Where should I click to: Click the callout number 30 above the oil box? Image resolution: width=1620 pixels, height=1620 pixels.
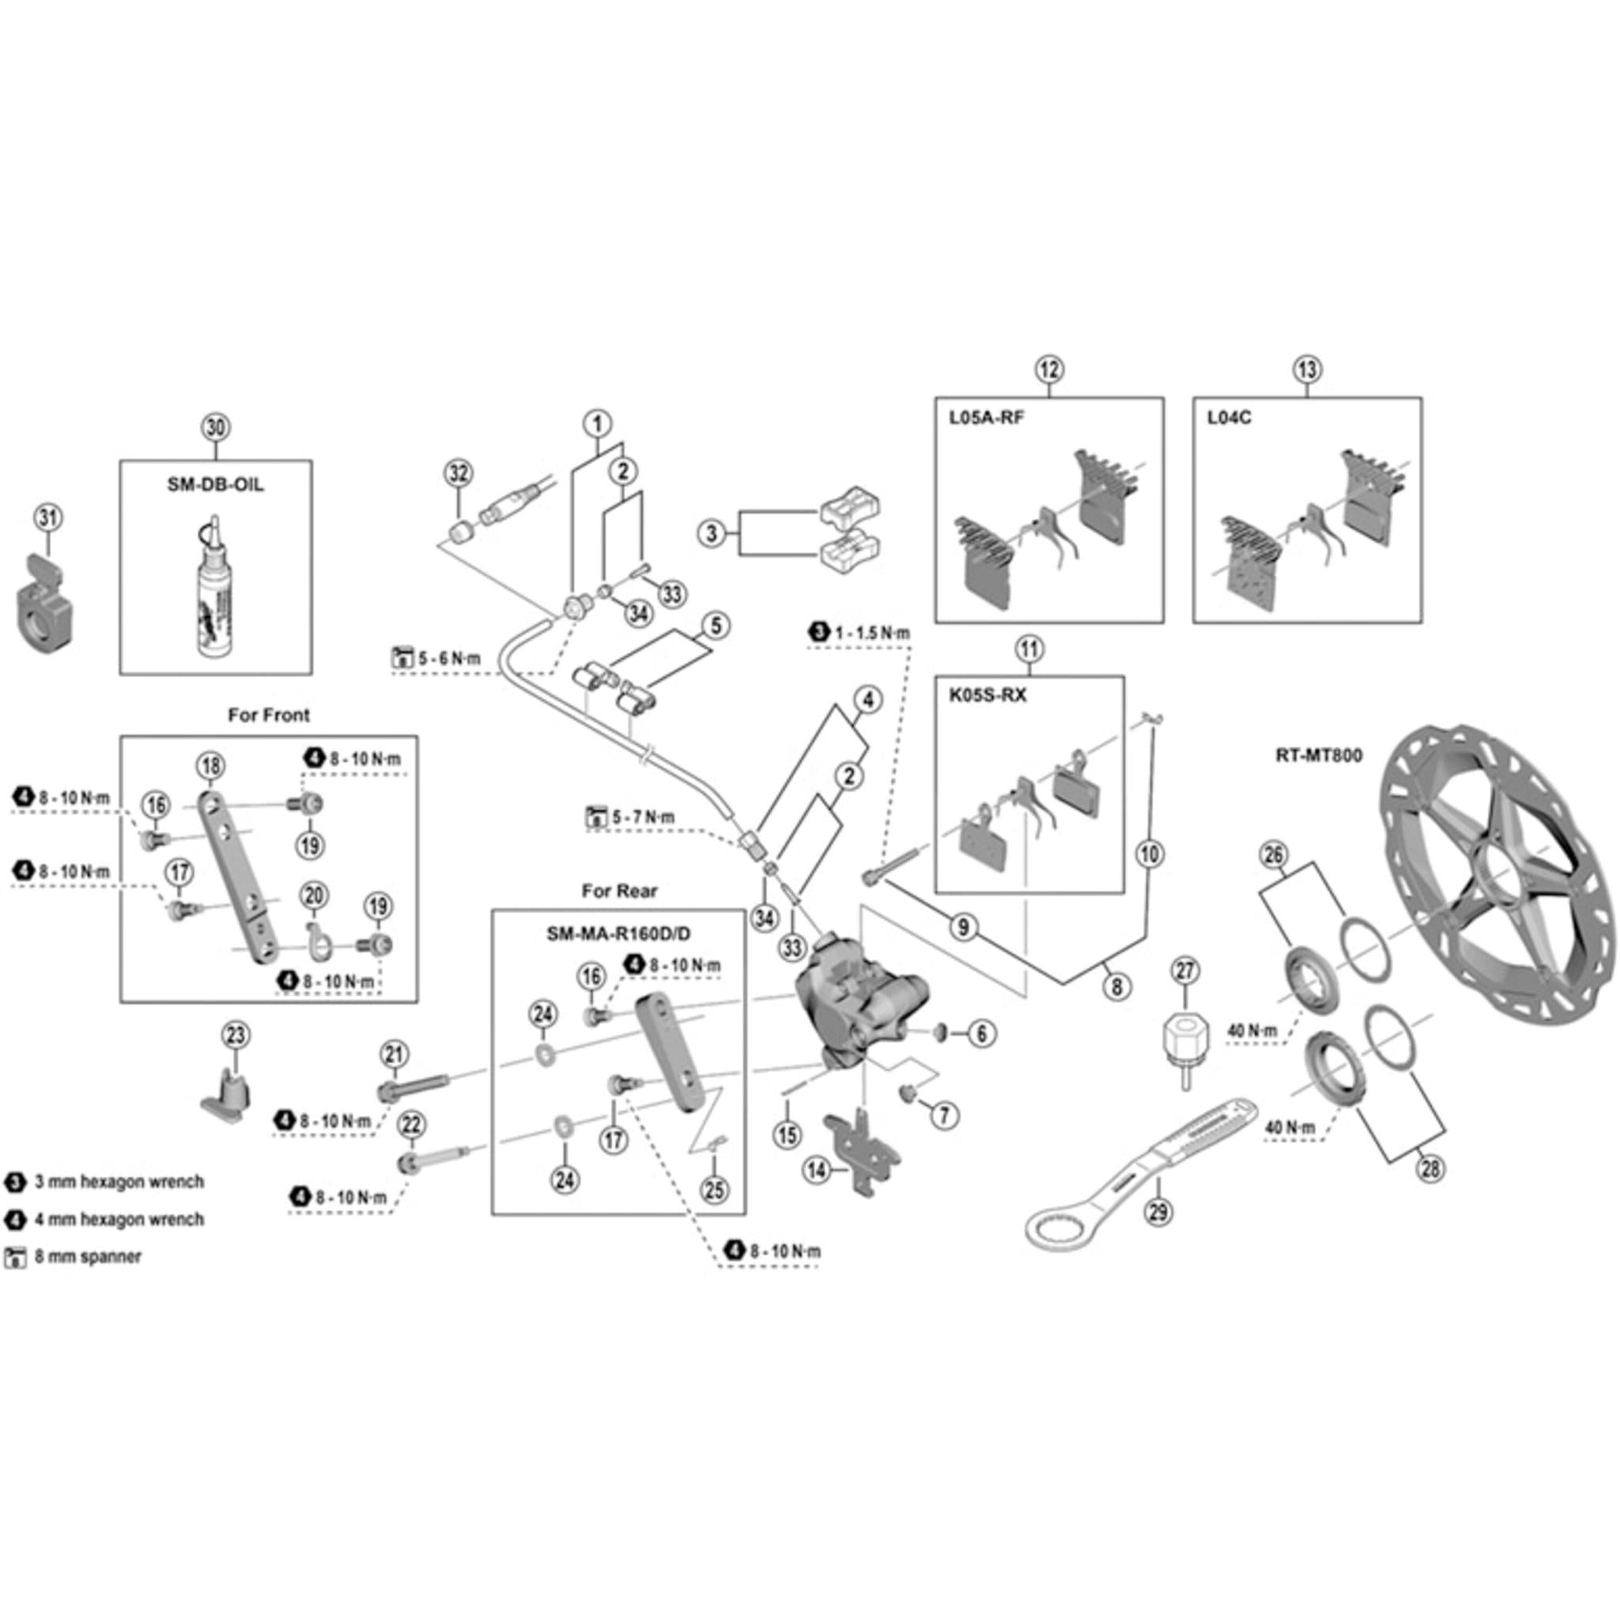(215, 428)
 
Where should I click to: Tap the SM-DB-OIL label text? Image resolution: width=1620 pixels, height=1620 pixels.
(215, 485)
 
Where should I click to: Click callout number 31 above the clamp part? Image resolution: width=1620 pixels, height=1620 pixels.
(47, 517)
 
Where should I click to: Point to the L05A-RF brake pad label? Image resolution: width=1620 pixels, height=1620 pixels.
(986, 418)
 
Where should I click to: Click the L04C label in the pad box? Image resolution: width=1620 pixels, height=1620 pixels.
(1229, 418)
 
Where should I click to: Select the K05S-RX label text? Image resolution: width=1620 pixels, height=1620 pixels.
(988, 696)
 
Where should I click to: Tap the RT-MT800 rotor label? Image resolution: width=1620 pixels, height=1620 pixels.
(1319, 755)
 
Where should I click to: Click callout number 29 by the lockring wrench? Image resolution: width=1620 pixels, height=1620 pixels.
(1159, 1211)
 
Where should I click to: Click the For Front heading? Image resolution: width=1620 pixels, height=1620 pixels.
(268, 715)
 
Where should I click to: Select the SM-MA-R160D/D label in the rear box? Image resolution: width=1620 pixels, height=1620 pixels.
(619, 934)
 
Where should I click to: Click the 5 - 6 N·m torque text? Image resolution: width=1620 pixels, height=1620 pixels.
(449, 658)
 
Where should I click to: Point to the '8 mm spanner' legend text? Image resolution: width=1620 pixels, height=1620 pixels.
(88, 1257)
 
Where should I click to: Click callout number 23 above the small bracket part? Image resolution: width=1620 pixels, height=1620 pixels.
(236, 1035)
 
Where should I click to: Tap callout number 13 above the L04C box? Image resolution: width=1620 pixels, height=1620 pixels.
(1308, 369)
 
